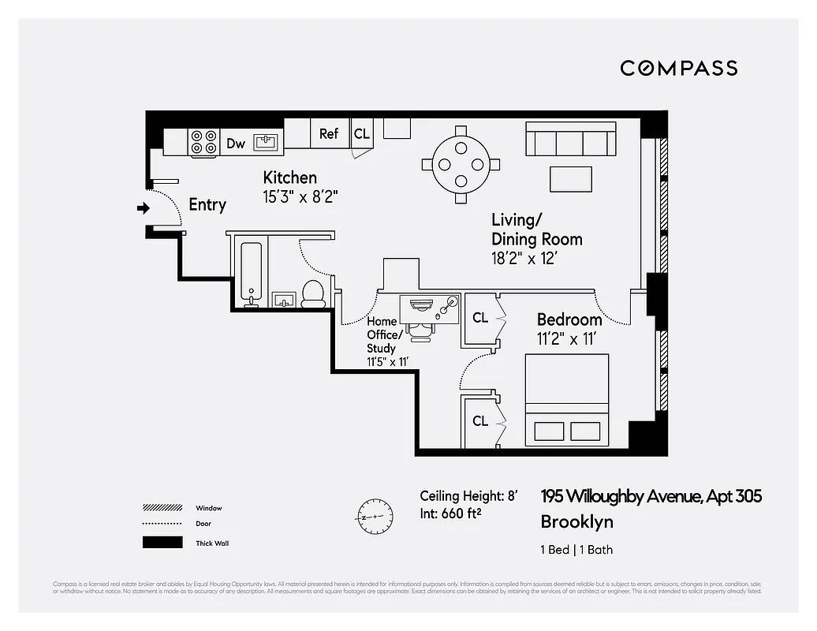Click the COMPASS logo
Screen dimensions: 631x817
[678, 68]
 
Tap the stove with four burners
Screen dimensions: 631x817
[203, 143]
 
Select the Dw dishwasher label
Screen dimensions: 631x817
[236, 144]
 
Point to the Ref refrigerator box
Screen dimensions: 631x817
[329, 133]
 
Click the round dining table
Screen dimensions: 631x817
[461, 164]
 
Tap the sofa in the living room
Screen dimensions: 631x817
[571, 140]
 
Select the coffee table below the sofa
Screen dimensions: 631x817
[571, 179]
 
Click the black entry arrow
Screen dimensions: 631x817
[143, 208]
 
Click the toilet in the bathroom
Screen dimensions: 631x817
[313, 293]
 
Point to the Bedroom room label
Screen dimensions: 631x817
[569, 319]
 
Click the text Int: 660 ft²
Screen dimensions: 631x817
[450, 514]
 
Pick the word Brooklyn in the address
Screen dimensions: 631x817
[576, 521]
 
